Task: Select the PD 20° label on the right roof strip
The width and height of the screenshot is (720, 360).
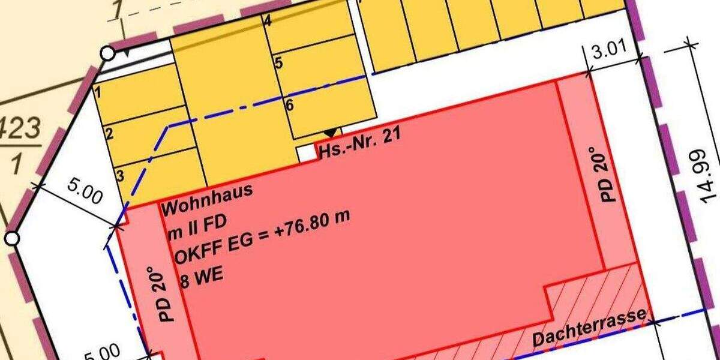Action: pos(607,174)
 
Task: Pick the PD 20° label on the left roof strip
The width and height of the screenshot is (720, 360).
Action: pos(167,292)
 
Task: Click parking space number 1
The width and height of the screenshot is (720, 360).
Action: pos(98,93)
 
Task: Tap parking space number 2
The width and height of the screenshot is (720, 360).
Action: pos(109,133)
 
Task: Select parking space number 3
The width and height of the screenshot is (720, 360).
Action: pos(120,175)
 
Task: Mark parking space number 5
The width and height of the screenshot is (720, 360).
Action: pos(278,63)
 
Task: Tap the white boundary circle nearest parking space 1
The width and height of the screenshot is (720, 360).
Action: pos(107,53)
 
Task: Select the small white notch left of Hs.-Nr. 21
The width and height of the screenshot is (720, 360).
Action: pos(307,152)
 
